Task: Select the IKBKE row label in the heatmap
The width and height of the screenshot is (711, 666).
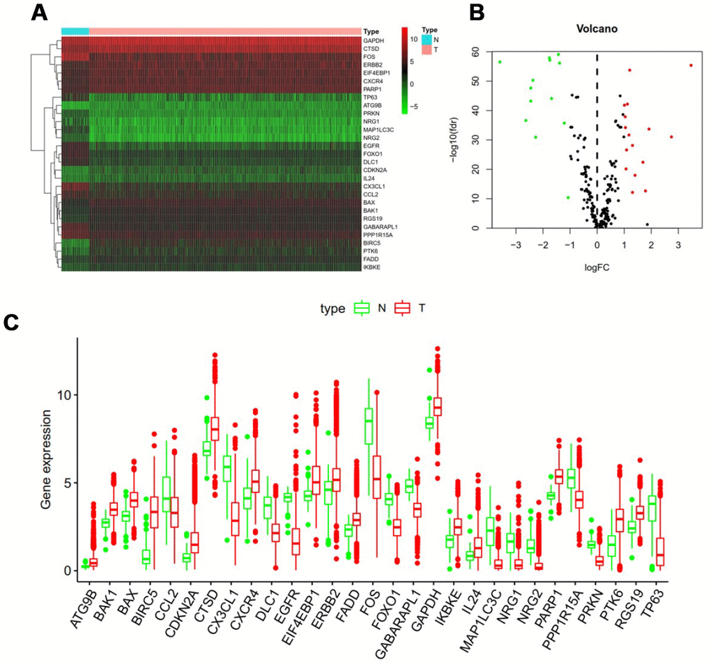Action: [371, 267]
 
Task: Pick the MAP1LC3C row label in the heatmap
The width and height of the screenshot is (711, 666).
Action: [376, 130]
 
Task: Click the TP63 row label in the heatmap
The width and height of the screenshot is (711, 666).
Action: [369, 98]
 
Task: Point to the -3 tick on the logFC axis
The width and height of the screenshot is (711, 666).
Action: [516, 245]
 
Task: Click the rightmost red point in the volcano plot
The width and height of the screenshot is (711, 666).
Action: [691, 65]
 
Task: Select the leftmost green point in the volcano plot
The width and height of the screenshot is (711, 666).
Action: [500, 62]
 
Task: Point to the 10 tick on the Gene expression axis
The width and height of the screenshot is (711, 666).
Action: [64, 394]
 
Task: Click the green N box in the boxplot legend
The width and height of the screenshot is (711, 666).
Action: [361, 308]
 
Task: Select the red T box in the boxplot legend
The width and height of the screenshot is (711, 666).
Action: [402, 308]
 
